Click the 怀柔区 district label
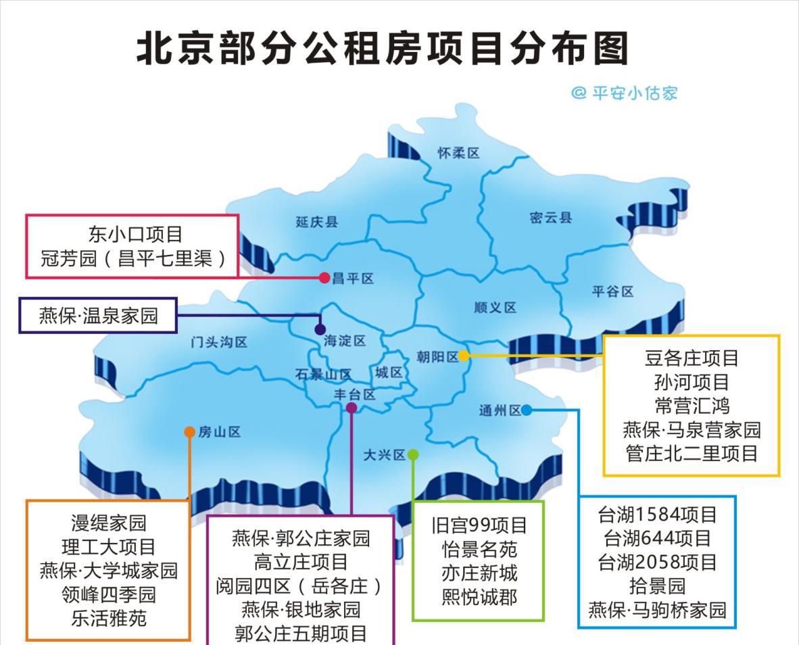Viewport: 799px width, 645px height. click(458, 153)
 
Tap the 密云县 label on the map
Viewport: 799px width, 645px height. click(551, 218)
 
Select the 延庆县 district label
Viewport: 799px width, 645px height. click(316, 222)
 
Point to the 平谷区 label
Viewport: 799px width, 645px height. click(612, 291)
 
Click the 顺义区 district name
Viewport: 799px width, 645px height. click(495, 308)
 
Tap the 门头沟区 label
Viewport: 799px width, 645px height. click(219, 342)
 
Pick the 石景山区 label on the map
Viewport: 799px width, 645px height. click(323, 374)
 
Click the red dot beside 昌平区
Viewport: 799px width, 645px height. click(324, 277)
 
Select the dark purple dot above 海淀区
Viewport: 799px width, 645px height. click(320, 329)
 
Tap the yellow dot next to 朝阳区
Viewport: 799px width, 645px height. click(464, 356)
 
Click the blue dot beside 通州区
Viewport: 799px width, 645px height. click(526, 410)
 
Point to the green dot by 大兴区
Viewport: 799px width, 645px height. click(413, 455)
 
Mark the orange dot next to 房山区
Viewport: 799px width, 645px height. click(190, 432)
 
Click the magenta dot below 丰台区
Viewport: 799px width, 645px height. click(352, 408)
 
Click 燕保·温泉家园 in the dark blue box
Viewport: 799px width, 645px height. click(98, 315)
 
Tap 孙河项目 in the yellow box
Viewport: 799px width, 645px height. click(692, 382)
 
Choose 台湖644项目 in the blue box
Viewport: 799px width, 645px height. click(657, 538)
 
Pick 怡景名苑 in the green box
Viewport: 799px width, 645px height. click(479, 549)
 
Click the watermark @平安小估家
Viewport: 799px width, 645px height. click(624, 93)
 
